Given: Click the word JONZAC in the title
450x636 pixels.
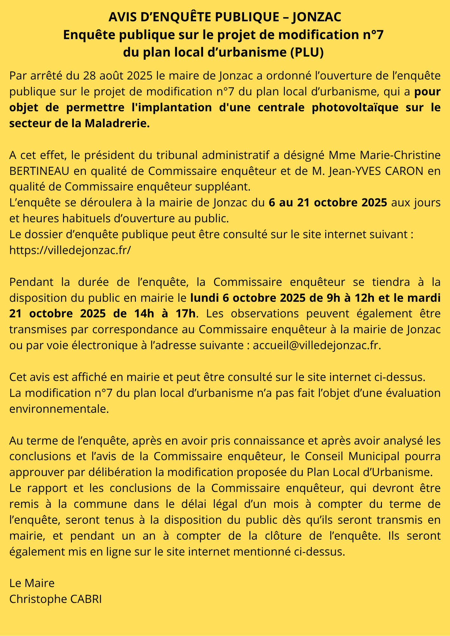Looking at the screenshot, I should pos(316,17).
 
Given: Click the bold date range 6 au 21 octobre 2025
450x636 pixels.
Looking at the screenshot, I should pos(328,203).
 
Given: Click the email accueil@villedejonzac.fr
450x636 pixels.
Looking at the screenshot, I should pos(316,345).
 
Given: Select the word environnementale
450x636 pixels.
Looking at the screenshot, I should pos(59,409).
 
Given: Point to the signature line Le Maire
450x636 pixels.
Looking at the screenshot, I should pos(32,583).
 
